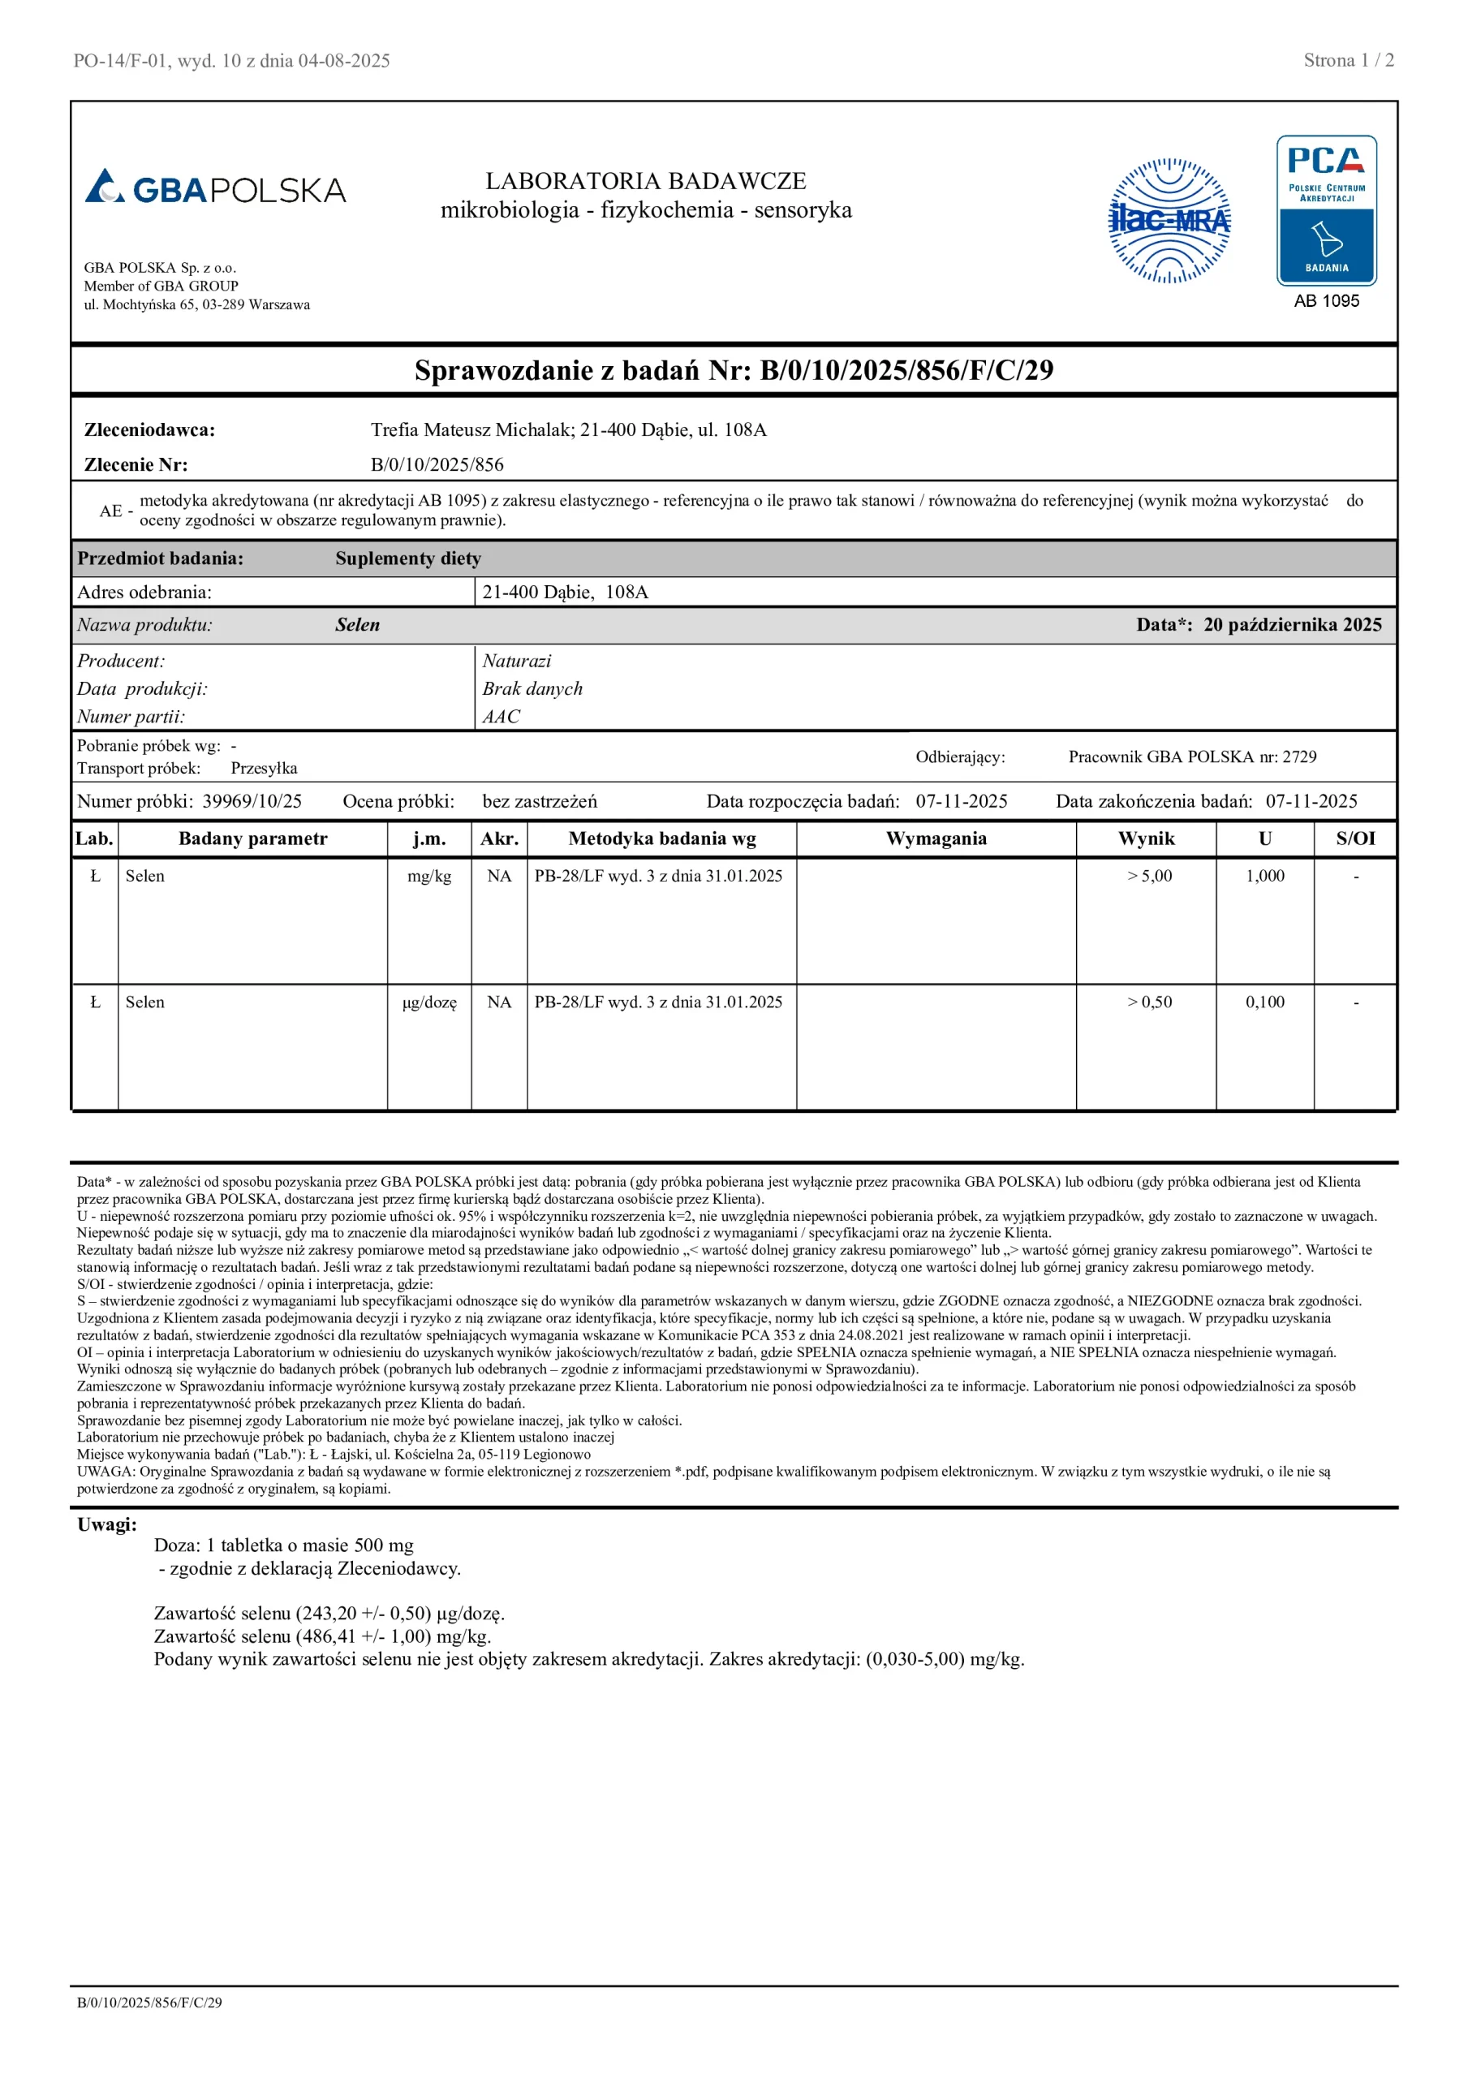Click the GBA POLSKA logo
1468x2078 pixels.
[215, 188]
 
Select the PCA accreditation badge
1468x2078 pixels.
[1326, 211]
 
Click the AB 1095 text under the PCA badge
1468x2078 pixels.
[1326, 301]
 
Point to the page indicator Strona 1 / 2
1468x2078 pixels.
[1348, 61]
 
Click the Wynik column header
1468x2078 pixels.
[1146, 839]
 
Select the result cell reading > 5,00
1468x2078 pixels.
[1148, 876]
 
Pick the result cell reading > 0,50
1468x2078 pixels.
[1148, 1002]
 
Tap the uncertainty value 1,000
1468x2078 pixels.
[1264, 876]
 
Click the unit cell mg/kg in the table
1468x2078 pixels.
[429, 876]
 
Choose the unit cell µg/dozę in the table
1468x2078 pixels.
[429, 1002]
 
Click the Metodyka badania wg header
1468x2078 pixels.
[661, 839]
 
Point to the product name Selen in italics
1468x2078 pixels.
[358, 625]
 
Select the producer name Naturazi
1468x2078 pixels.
[516, 662]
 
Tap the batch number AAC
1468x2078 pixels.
[501, 717]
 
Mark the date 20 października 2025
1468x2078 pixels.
[1292, 625]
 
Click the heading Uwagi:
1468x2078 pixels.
[107, 1525]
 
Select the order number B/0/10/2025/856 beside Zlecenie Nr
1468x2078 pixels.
[437, 465]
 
